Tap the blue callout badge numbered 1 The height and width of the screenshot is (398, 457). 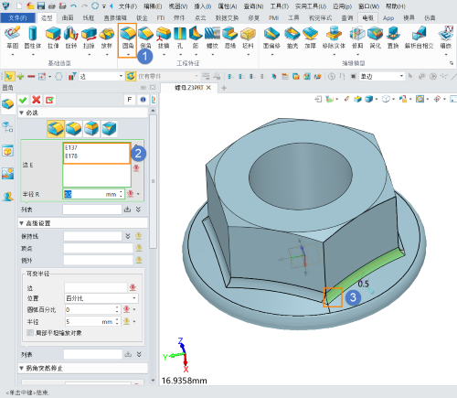point(144,55)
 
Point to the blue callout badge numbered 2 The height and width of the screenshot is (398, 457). point(138,153)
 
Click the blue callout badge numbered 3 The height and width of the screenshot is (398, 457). point(354,296)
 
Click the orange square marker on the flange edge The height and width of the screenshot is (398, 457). point(333,297)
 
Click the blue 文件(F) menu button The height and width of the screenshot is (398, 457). point(16,17)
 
